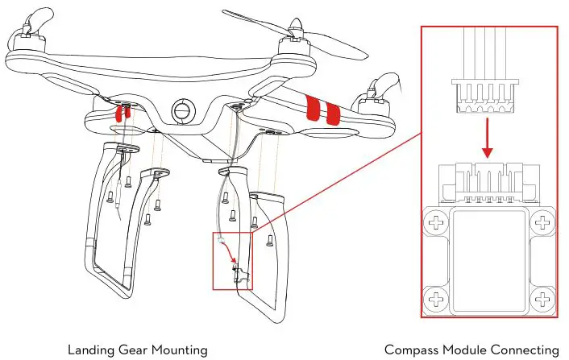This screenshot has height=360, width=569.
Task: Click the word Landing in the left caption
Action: (x=92, y=349)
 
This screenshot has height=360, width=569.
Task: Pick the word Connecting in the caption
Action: (x=524, y=349)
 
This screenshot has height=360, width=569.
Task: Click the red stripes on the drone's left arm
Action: (x=122, y=113)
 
